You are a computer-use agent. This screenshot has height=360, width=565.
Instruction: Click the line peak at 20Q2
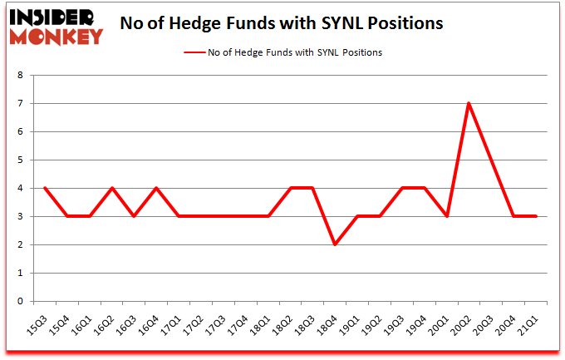pos(469,103)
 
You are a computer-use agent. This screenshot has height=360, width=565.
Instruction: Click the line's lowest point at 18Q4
pos(335,244)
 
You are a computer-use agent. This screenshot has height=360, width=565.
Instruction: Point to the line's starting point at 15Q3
pos(44,188)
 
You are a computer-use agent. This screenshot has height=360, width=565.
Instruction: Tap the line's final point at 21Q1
pos(536,216)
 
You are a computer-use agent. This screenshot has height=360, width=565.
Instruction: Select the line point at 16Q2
pos(111,188)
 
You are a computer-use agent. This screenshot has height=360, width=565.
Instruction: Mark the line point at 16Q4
pos(156,188)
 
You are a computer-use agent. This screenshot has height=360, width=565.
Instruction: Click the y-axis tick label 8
pos(21,75)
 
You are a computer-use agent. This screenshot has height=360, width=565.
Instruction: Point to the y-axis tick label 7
pos(21,103)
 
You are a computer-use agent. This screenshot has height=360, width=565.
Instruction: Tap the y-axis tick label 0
pos(21,301)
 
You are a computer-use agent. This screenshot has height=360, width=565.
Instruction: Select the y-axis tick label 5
pos(21,160)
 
